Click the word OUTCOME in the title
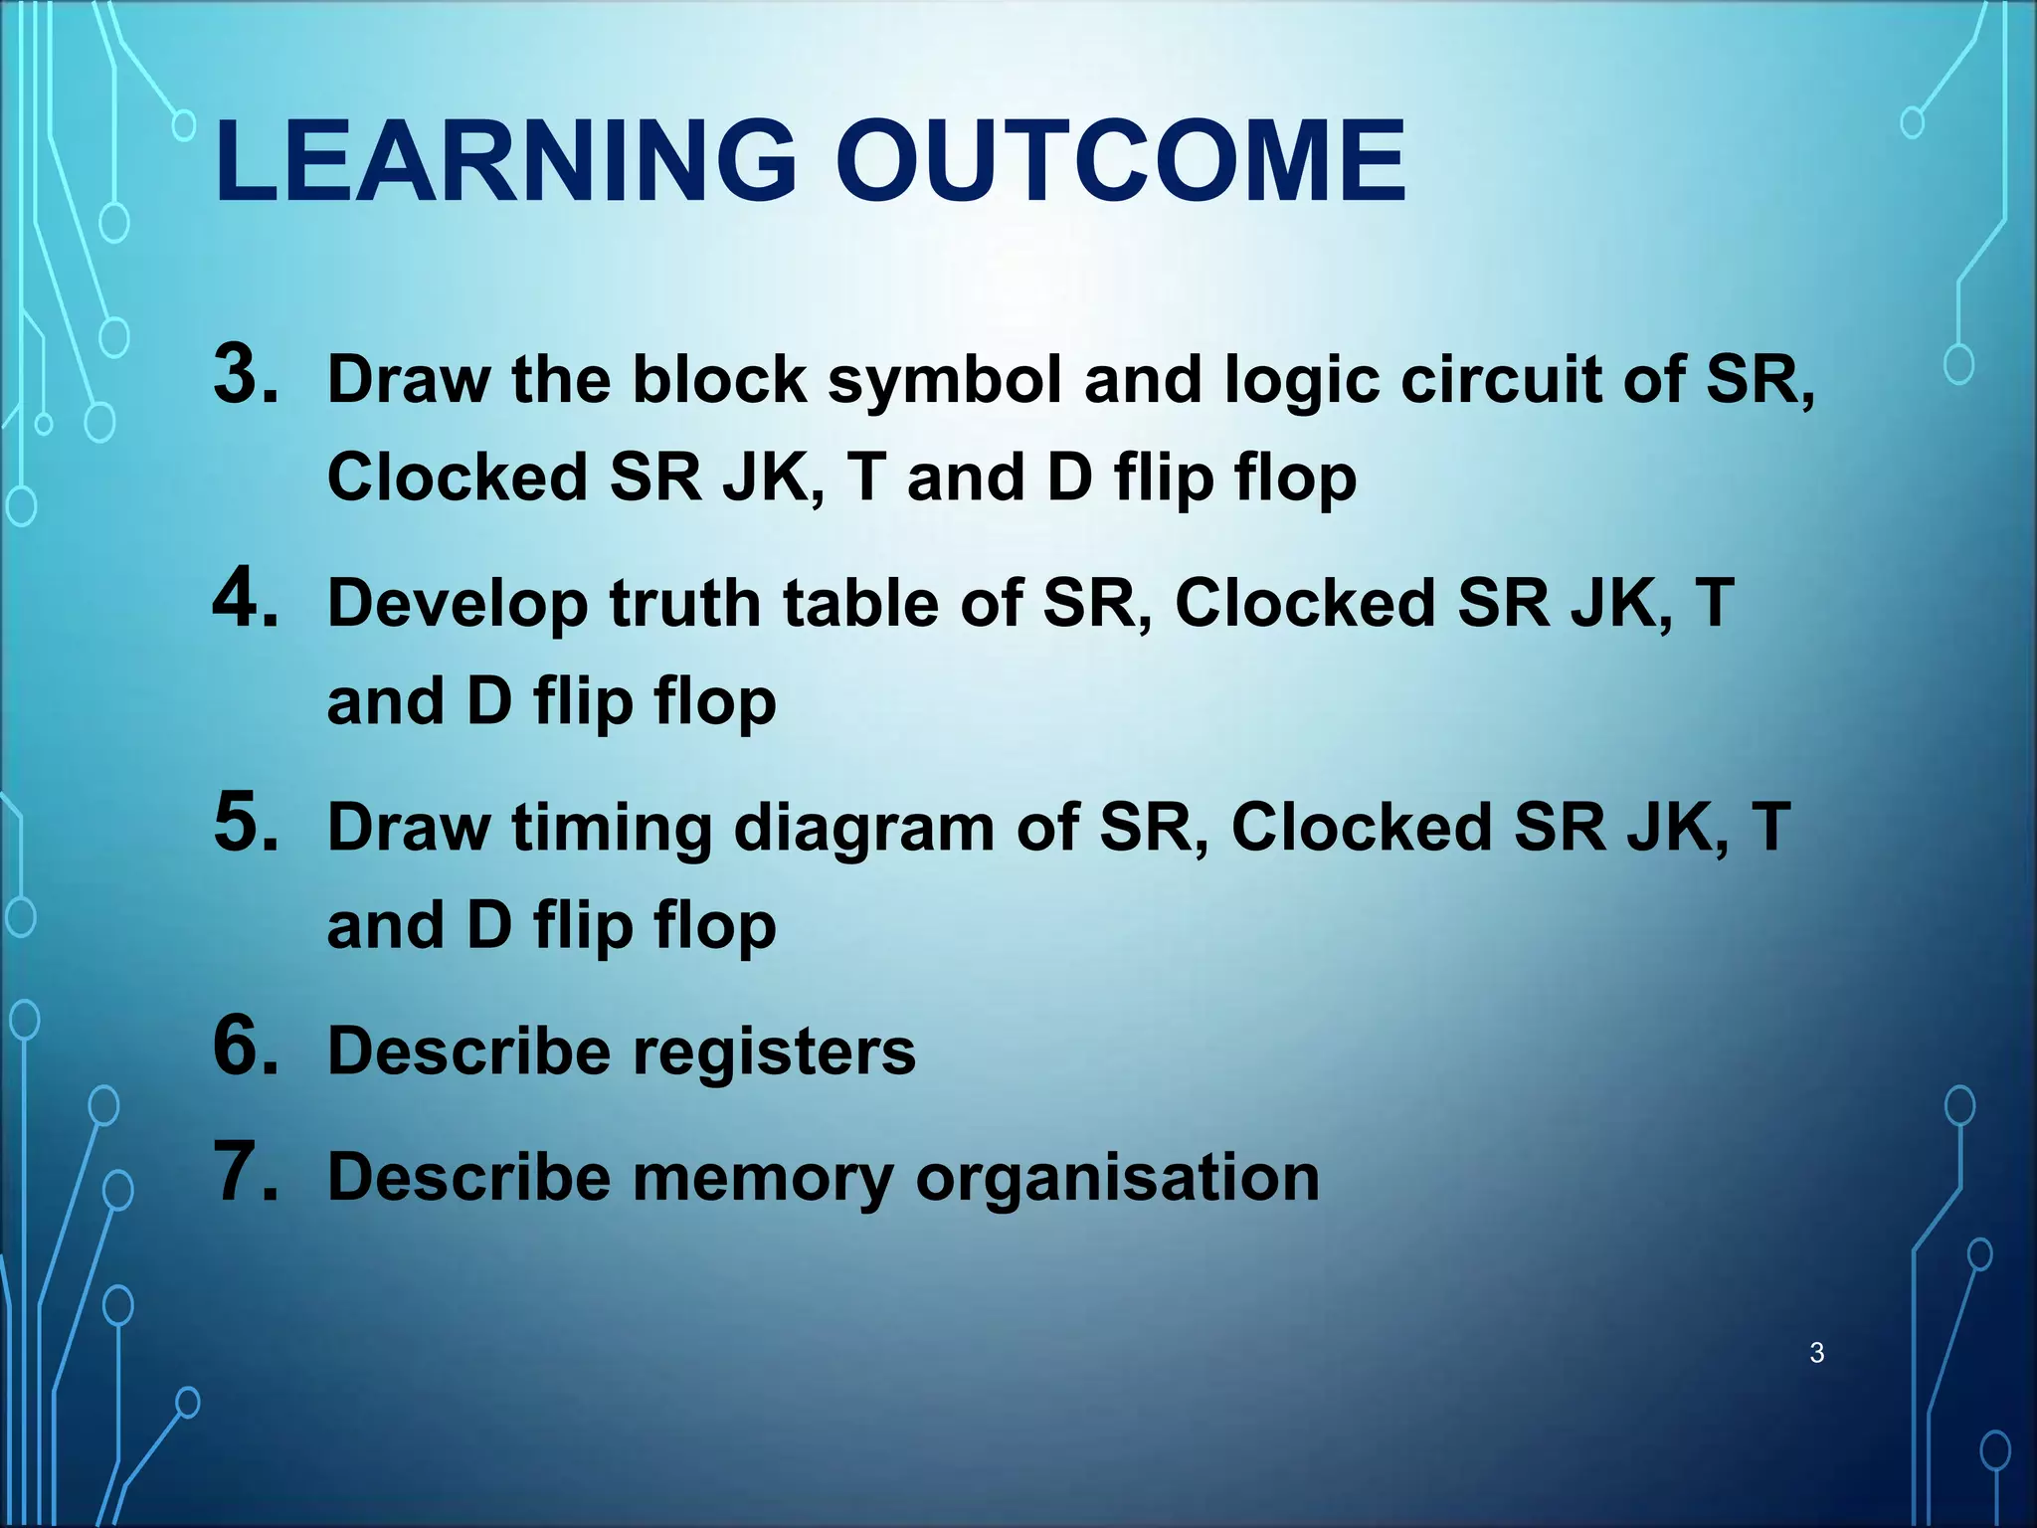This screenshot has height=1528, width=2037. click(x=1120, y=162)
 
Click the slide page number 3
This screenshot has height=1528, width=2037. click(x=1816, y=1353)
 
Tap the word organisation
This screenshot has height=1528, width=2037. click(x=1117, y=1179)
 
